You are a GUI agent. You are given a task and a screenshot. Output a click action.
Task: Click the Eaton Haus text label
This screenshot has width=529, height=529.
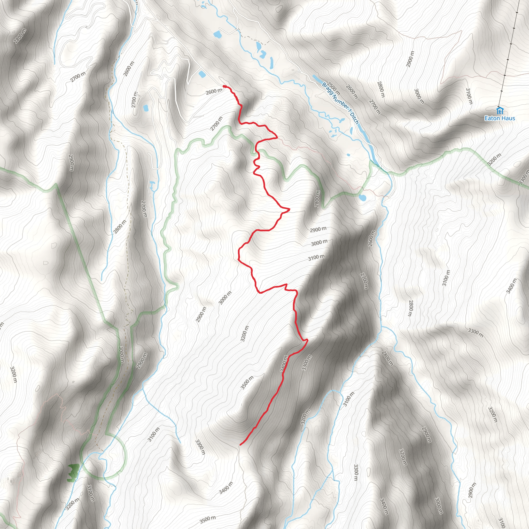point(500,118)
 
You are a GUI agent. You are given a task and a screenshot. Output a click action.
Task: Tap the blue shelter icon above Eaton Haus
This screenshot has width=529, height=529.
point(500,111)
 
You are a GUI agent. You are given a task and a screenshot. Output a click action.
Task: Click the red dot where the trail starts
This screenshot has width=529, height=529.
point(224,87)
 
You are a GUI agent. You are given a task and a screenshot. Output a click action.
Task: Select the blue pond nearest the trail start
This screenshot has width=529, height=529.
point(202,74)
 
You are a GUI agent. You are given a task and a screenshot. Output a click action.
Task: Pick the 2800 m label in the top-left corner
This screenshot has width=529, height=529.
point(20,36)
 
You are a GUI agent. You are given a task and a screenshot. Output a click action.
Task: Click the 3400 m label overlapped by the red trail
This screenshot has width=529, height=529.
point(284,364)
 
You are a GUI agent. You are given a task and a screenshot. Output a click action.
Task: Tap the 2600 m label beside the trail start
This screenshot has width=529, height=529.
point(214,91)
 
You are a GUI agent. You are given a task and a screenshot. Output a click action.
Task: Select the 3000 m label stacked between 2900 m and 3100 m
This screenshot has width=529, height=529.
point(319,243)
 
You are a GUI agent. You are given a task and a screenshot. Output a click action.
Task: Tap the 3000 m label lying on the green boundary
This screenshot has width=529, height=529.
point(122,355)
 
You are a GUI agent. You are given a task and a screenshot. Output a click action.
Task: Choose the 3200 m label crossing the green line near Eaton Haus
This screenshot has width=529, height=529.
point(494,160)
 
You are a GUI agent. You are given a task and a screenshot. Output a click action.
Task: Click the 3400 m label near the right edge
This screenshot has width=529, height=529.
point(511,286)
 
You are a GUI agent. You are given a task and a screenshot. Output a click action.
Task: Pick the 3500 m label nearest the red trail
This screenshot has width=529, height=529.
point(247,383)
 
